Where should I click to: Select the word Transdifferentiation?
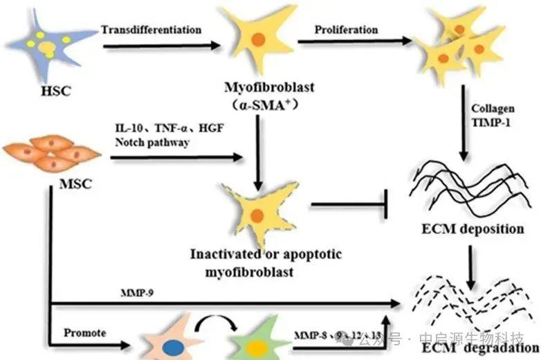(x=151, y=30)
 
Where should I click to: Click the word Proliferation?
(x=346, y=30)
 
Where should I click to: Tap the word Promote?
(x=84, y=333)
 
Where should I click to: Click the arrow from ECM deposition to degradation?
(x=472, y=264)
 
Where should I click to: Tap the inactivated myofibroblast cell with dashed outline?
(x=257, y=213)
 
